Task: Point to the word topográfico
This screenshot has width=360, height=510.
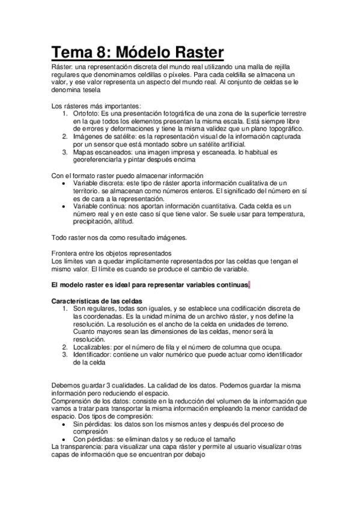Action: [x=281, y=129]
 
